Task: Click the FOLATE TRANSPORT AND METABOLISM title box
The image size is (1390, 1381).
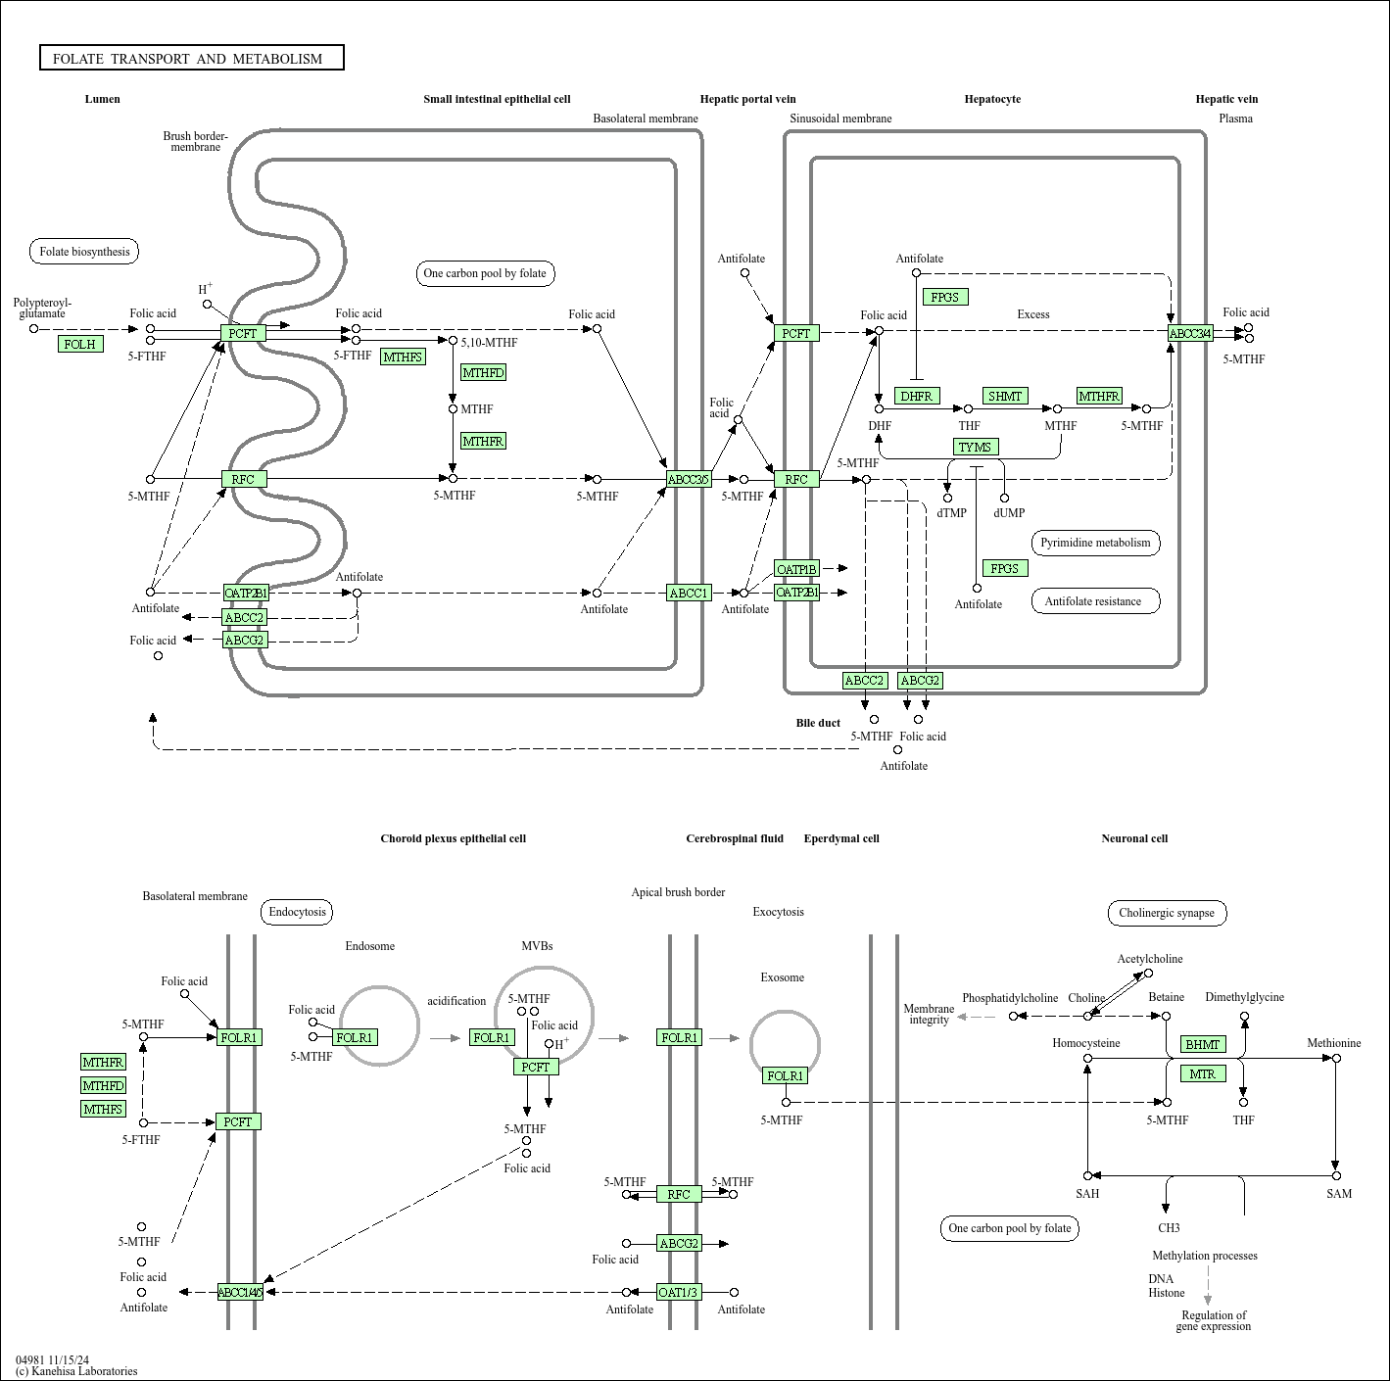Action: [x=192, y=59]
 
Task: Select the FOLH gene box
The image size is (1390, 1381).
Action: [x=80, y=344]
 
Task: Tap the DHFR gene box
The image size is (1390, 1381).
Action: [x=917, y=396]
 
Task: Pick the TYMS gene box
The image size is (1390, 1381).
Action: [x=976, y=447]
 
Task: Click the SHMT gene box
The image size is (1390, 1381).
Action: [x=1005, y=396]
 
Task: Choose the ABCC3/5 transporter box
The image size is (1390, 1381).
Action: [x=689, y=479]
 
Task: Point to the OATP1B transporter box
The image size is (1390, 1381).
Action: [x=796, y=569]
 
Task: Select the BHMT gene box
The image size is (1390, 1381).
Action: [x=1203, y=1044]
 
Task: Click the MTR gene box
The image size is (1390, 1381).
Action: [x=1203, y=1073]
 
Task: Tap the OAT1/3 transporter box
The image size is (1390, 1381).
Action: [x=679, y=1292]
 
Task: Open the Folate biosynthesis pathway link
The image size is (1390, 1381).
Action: [x=84, y=252]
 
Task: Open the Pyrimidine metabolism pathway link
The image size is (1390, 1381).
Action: [x=1095, y=543]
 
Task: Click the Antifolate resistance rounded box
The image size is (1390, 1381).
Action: [x=1095, y=601]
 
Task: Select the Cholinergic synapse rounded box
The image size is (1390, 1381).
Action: [x=1167, y=913]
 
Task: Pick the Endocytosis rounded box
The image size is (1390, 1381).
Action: [x=298, y=912]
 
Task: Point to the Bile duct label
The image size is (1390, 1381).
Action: [x=818, y=723]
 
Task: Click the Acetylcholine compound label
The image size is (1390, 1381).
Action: [x=1150, y=959]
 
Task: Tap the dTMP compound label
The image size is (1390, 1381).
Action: [x=951, y=512]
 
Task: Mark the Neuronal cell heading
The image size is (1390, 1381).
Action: [x=1134, y=838]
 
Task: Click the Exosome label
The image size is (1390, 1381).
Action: [x=783, y=977]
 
